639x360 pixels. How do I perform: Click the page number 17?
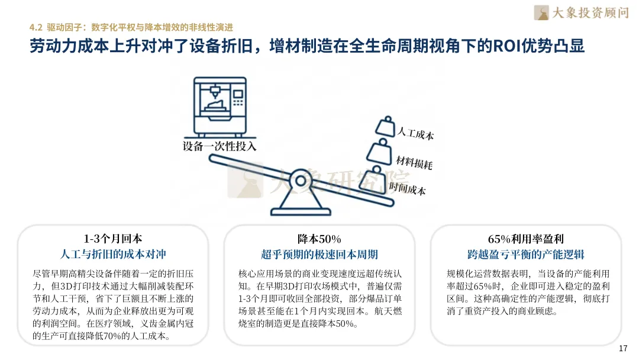pos(622,348)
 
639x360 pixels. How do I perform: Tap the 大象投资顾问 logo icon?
pos(541,12)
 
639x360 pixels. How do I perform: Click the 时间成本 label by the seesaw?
pos(408,188)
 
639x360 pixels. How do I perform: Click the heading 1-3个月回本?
pos(113,239)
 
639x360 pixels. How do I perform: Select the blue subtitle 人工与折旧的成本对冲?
pos(113,255)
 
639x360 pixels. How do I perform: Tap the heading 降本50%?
pos(319,239)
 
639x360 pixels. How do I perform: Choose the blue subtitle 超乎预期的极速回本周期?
pos(319,255)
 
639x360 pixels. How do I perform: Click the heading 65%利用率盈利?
pos(525,239)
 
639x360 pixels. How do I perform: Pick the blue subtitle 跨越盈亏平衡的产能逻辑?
pos(525,255)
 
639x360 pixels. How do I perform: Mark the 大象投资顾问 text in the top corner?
pos(589,12)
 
